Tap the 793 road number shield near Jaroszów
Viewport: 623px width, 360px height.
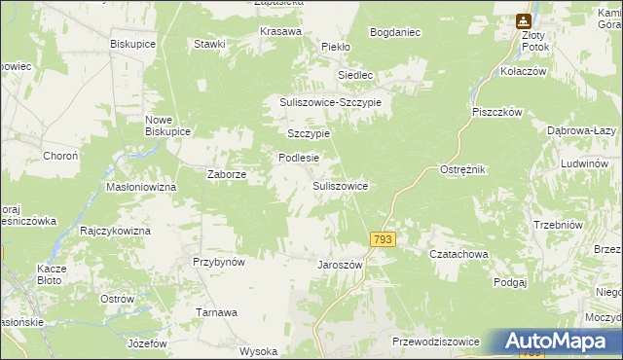pos(383,238)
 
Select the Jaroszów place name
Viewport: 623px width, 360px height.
pos(340,265)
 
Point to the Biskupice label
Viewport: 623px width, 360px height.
pos(133,45)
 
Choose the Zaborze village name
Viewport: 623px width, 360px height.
pos(227,175)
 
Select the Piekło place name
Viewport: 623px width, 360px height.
pos(336,46)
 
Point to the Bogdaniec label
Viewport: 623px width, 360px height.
pos(395,32)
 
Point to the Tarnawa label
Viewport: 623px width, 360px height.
pos(217,312)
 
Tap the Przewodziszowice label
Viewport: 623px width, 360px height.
pos(435,342)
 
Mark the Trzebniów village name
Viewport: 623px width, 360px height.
pos(557,225)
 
